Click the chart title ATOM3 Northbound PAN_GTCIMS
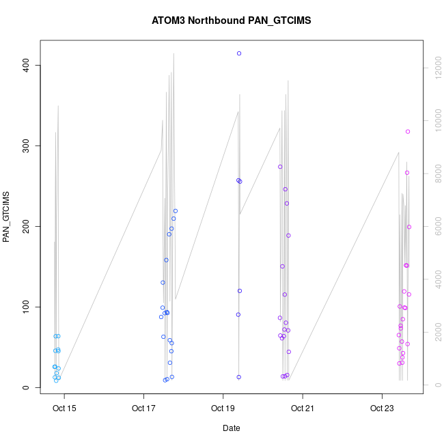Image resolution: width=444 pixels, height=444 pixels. click(x=231, y=20)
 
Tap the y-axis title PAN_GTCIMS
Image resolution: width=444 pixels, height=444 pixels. click(x=8, y=218)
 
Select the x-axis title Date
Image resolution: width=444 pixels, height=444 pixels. click(x=231, y=428)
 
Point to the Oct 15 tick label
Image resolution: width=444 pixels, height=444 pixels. click(x=64, y=409)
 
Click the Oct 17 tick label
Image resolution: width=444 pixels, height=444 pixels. click(x=143, y=409)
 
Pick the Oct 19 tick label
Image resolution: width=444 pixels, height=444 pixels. click(x=223, y=409)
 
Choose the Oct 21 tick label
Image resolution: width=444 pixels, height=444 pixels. click(x=302, y=409)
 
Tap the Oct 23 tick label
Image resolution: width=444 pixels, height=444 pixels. click(x=381, y=409)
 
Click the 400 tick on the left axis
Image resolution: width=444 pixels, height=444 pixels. click(x=27, y=65)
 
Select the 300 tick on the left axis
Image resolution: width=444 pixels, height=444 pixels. click(x=27, y=145)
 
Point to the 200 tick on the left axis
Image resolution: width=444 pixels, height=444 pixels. click(x=27, y=226)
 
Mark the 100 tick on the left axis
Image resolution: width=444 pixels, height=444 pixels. click(x=27, y=307)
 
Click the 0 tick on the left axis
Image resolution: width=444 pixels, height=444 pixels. click(x=27, y=387)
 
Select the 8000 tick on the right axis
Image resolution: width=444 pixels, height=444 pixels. click(x=434, y=174)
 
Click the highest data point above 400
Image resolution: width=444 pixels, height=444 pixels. click(x=239, y=53)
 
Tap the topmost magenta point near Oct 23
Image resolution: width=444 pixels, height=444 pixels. click(x=408, y=132)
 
